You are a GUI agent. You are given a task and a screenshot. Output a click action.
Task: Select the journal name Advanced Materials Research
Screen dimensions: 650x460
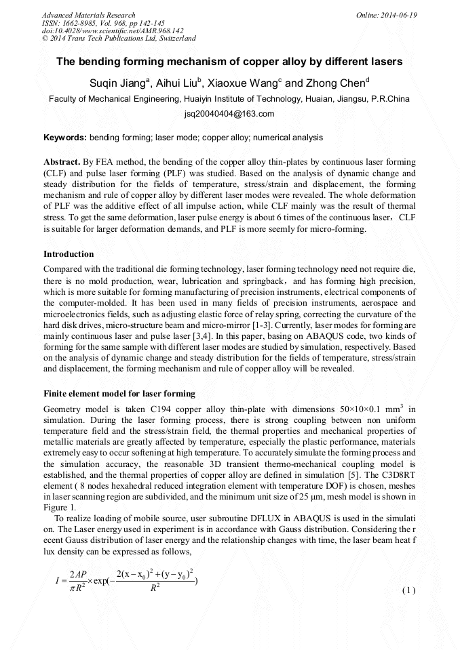[88, 15]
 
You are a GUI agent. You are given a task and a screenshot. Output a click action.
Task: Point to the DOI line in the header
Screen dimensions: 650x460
[113, 31]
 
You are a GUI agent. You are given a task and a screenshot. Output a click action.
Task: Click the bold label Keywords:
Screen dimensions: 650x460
[65, 138]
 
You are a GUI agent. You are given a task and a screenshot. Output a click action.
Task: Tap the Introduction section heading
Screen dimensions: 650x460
[69, 254]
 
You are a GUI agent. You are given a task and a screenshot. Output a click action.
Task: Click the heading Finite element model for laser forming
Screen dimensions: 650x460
[119, 394]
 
